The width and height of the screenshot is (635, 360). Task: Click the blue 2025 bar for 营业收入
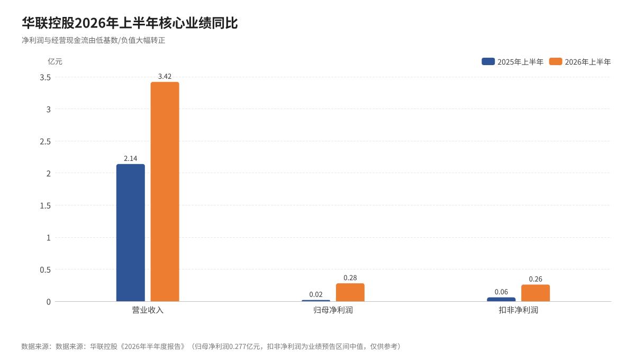130,232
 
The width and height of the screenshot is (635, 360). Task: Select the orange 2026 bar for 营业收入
165,192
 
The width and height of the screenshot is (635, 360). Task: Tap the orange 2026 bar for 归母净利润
350,292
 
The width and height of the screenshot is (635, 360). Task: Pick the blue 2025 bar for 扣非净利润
501,300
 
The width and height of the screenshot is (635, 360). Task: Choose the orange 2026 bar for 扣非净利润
536,293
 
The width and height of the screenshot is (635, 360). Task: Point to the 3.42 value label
165,76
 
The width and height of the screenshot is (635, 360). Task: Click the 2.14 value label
130,158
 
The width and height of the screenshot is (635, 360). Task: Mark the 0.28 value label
350,278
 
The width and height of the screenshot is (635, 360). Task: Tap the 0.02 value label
316,294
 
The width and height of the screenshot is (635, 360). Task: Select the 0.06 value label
501,292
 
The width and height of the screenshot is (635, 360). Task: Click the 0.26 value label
536,279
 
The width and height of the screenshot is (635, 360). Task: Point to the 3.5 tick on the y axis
46,77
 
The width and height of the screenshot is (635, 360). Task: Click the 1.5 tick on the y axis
46,205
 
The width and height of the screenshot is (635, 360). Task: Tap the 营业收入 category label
148,310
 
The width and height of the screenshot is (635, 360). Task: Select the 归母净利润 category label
333,310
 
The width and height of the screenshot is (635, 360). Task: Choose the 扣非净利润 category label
519,310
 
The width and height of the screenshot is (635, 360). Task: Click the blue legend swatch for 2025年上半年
488,61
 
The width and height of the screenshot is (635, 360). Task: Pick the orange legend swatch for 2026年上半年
556,61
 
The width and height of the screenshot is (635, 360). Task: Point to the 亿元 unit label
55,61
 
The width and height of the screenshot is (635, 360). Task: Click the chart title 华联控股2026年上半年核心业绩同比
130,23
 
